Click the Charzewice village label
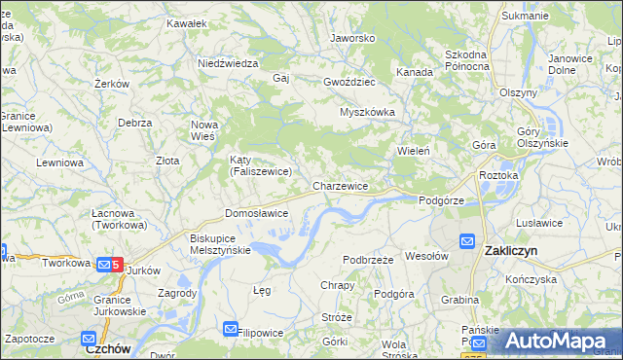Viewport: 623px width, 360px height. tap(340, 185)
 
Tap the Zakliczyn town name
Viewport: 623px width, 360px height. tap(511, 251)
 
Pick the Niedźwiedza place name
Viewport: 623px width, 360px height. tap(227, 63)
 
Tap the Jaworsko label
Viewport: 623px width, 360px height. tap(352, 39)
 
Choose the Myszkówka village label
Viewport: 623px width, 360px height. tap(367, 112)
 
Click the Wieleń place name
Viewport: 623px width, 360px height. tap(414, 151)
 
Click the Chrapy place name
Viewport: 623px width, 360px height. tap(337, 285)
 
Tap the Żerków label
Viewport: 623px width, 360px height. tap(113, 85)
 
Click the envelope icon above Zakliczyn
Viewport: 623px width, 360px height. tap(467, 240)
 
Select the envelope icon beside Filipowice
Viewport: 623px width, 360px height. tap(231, 330)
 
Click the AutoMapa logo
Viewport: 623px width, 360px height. tap(555, 341)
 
